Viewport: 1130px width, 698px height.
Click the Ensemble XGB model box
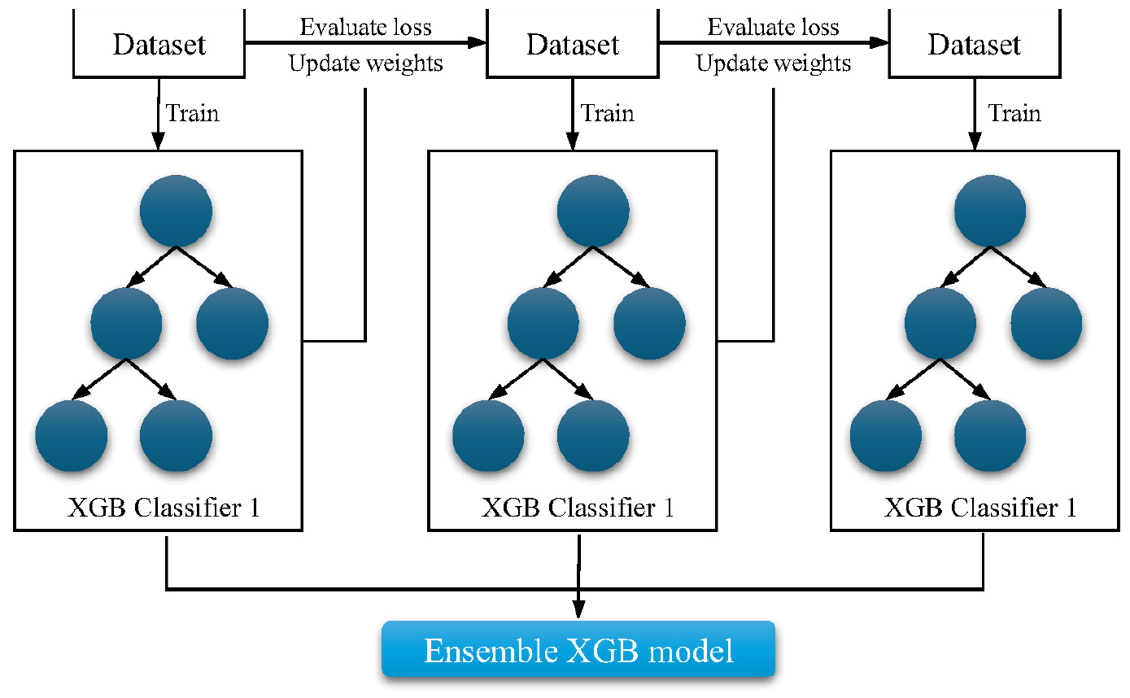578,650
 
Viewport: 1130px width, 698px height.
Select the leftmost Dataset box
159,44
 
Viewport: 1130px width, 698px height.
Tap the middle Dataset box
572,44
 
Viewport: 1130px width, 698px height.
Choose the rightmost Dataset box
974,44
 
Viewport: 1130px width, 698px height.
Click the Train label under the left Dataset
192,113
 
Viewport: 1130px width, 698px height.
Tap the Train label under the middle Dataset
608,113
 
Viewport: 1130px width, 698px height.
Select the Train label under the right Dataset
1014,113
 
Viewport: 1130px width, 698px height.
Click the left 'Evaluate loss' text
366,27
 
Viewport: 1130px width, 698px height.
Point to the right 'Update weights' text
774,63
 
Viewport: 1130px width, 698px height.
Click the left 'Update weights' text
366,63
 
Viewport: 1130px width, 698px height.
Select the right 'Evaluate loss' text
774,27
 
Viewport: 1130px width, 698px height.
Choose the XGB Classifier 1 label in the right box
979,508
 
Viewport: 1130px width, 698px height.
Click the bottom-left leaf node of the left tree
72,435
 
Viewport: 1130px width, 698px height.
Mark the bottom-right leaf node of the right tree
989,435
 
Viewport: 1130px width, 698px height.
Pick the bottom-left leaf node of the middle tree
488,435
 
